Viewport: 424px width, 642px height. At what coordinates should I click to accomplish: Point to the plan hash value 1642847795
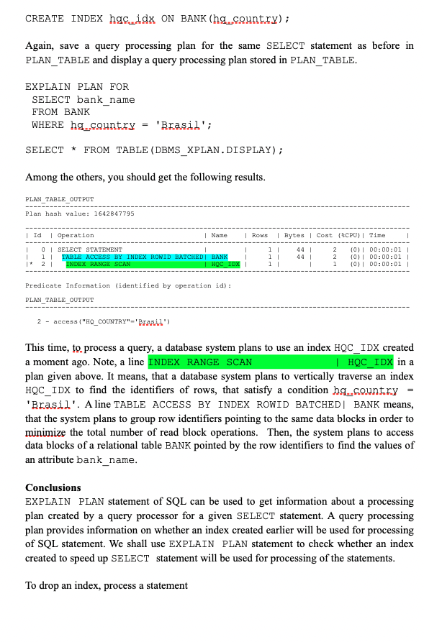[x=112, y=214]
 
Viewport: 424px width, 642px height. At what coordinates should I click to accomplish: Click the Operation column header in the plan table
[x=76, y=235]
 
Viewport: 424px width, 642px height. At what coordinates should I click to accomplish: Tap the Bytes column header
[x=294, y=235]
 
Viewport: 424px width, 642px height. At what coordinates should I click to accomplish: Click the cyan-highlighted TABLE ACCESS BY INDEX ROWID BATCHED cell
[x=132, y=257]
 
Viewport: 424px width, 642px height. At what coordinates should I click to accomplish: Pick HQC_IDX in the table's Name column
[x=225, y=264]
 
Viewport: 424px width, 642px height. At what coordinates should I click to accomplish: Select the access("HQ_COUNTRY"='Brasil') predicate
[x=108, y=321]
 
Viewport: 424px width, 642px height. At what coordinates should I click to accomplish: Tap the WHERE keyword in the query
[x=48, y=125]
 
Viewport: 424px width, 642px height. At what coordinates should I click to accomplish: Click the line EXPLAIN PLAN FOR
[x=77, y=86]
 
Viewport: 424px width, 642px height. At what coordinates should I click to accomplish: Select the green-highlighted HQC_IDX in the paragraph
[x=369, y=362]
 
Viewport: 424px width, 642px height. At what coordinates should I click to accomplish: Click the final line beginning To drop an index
[x=107, y=585]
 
